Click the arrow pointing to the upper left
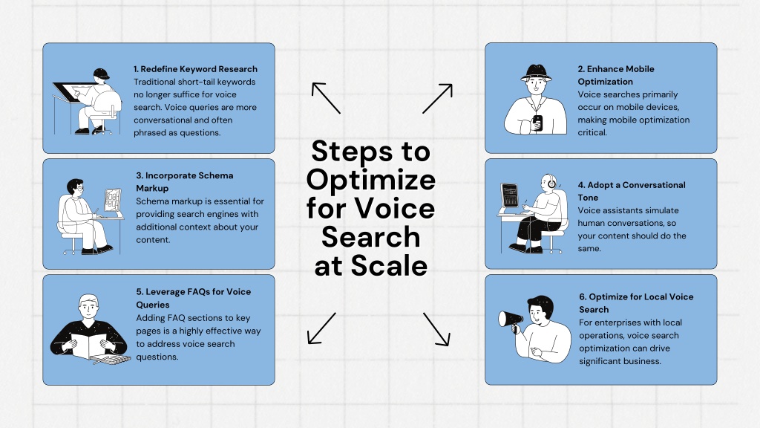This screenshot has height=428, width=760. pos(326,97)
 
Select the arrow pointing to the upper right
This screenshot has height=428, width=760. pos(437,99)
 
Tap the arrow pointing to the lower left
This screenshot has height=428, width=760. pos(321,328)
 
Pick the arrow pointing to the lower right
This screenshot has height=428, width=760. pos(436,329)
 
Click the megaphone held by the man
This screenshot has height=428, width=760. pos(511,320)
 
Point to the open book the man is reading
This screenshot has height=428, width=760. pos(89,346)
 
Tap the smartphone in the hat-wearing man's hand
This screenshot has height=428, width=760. pos(537,123)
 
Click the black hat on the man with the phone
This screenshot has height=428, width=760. pos(536,73)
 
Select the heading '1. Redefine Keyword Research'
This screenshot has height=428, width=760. pos(195,69)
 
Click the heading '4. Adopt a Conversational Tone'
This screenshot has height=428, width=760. pos(632,191)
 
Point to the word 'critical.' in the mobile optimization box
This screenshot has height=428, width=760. pos(592,132)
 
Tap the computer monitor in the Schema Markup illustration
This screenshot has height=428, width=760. pos(112,199)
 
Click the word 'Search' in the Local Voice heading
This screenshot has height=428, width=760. pos(594,310)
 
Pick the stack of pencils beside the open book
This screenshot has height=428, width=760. pos(113,360)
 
